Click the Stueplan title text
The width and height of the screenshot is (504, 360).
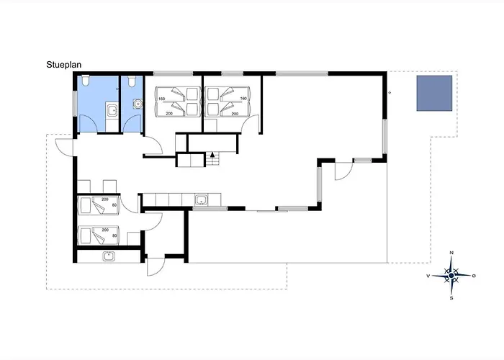63,65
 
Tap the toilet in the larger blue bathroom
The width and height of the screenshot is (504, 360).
86,81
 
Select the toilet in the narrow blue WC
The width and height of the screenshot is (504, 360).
131,81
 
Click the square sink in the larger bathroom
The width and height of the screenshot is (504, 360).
112,110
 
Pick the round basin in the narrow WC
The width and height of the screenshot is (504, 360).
138,104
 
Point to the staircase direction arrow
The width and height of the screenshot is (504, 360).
212,155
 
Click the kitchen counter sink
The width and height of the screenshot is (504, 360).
201,199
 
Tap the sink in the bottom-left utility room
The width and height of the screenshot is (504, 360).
109,256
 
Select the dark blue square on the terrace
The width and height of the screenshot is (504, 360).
434,93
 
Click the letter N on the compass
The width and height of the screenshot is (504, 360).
451,253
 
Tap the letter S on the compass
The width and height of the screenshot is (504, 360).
451,298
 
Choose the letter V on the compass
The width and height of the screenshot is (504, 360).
428,276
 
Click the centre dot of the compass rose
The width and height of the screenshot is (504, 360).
451,276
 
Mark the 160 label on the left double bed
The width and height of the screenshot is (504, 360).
161,99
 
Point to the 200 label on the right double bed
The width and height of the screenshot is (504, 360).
235,114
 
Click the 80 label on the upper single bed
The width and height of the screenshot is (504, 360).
114,205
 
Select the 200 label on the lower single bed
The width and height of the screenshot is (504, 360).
105,230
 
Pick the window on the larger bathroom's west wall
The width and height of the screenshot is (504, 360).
75,104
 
